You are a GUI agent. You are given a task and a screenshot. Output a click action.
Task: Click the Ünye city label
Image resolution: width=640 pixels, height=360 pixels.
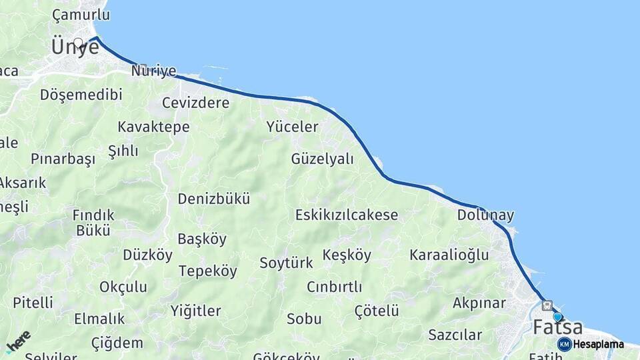[x=75, y=47]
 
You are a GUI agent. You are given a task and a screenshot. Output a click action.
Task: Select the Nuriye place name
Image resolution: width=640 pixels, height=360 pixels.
[x=154, y=71]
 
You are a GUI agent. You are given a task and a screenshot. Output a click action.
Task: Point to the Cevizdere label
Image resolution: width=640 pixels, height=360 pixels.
[x=196, y=103]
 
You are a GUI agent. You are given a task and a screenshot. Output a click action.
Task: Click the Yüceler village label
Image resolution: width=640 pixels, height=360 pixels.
[x=292, y=127]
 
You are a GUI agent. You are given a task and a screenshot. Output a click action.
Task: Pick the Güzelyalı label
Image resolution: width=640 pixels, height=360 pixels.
[x=322, y=159]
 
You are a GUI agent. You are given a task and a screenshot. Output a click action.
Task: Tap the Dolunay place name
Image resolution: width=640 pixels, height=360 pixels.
[x=485, y=215]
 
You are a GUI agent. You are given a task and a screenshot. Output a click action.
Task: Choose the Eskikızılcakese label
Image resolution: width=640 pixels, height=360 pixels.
[x=347, y=215]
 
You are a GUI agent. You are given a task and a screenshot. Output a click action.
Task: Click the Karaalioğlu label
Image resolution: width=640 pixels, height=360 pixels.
[x=449, y=255]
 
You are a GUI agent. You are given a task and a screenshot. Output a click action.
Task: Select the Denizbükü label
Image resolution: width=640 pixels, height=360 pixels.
[x=213, y=199]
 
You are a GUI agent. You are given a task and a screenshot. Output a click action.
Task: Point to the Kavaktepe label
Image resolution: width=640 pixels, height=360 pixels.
[x=153, y=127]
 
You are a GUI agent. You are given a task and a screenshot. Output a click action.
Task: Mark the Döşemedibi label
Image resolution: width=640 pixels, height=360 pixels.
[x=81, y=95]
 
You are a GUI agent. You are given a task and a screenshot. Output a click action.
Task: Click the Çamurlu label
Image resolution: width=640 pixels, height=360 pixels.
[x=80, y=15]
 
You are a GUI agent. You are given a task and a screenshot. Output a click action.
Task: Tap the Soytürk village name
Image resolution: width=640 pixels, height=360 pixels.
[x=286, y=263]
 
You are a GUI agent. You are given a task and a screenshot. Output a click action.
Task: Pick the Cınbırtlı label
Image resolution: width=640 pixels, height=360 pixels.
[x=334, y=287]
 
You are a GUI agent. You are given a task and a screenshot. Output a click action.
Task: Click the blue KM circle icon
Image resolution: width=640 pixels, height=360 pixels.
[x=564, y=344]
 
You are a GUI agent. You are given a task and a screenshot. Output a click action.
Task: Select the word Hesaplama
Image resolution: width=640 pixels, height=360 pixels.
[x=598, y=345]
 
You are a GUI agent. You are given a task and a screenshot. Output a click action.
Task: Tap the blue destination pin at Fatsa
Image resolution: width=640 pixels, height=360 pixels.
[x=557, y=317]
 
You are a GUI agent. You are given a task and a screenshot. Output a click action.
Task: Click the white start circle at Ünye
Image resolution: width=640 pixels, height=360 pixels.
[x=78, y=43]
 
